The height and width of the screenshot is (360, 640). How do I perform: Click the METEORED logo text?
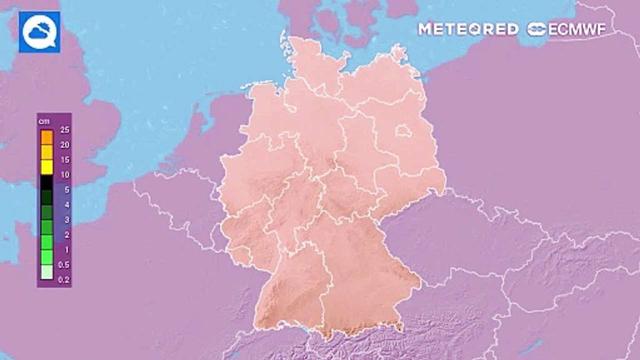point(468,29)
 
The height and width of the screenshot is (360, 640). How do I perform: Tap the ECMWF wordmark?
point(577,29)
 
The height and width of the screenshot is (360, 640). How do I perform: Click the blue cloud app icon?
point(39,32)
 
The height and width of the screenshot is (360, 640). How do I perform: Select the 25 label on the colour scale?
point(64,130)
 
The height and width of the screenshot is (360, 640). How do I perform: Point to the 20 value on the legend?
point(64,145)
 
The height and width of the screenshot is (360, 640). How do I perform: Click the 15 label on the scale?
point(64,160)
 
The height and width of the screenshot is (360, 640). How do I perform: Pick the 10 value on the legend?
point(64,175)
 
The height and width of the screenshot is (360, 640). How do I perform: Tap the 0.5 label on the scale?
point(64,265)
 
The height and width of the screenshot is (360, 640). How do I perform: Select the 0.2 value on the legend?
point(64,280)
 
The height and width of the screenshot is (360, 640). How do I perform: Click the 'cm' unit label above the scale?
point(43,121)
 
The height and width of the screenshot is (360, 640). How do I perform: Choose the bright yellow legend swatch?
point(46,167)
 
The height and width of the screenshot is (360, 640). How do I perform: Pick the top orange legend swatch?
point(46,136)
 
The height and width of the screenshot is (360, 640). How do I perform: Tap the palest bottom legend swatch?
point(46,272)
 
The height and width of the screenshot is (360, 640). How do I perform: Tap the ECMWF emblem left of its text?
point(536,29)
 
